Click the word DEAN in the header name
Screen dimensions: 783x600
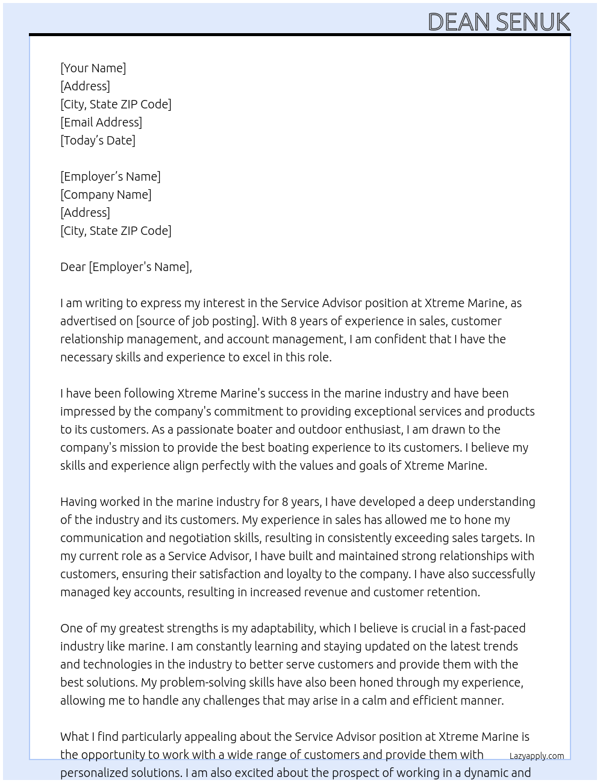point(458,22)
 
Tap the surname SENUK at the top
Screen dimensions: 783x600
point(533,22)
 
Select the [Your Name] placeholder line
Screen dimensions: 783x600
point(93,68)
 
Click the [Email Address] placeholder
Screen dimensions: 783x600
point(101,122)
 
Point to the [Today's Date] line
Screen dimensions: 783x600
point(98,140)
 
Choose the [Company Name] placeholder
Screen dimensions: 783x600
point(106,195)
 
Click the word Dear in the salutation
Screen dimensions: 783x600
point(73,267)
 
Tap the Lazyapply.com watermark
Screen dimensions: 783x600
point(537,756)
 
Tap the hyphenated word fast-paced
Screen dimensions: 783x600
point(490,628)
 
